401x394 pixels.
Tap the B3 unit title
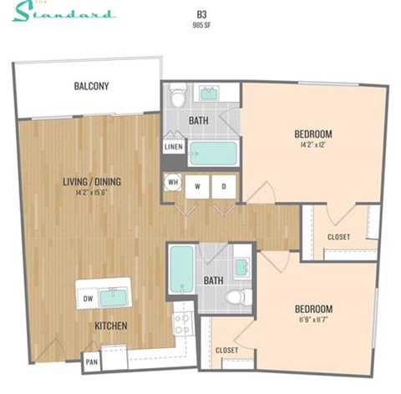tap(201, 14)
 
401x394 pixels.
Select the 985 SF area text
tap(201, 25)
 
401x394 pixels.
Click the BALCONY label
tap(91, 86)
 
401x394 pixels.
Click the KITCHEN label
tap(110, 325)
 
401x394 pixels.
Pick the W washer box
tap(198, 186)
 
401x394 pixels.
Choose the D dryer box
tap(223, 186)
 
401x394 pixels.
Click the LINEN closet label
tap(174, 148)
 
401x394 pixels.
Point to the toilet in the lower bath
tap(239, 295)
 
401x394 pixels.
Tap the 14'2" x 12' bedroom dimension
tap(313, 145)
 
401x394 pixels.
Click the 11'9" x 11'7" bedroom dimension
tap(313, 320)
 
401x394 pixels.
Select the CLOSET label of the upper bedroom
tap(338, 237)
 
